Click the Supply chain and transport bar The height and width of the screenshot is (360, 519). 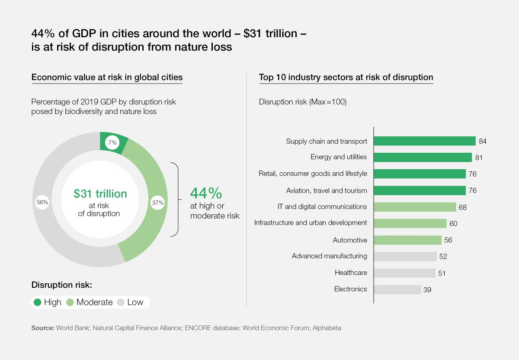click(424, 141)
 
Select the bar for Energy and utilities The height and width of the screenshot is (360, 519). click(423, 157)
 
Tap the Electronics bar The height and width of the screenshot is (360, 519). click(397, 289)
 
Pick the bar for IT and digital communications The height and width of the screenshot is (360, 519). click(415, 207)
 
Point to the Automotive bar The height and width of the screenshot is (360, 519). click(407, 240)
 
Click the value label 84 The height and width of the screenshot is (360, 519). click(483, 141)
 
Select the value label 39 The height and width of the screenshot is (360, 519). click(427, 290)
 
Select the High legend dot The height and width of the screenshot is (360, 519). click(38, 302)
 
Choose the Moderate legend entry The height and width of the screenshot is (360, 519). click(90, 302)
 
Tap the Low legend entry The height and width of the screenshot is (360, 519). click(131, 302)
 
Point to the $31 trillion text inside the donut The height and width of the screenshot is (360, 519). click(100, 194)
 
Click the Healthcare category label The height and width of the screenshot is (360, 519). click(351, 273)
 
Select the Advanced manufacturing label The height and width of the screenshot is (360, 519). click(329, 256)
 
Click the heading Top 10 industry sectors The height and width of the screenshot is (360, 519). click(346, 77)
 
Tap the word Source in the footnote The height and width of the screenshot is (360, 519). click(42, 328)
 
